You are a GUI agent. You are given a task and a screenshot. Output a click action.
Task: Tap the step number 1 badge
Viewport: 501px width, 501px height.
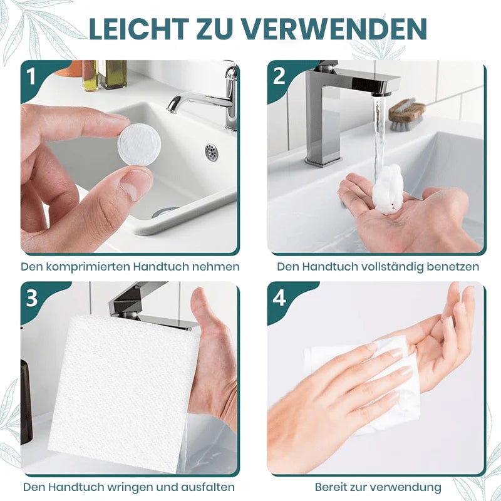(31, 76)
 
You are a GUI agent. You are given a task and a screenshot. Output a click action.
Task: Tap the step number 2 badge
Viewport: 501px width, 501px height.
(279, 76)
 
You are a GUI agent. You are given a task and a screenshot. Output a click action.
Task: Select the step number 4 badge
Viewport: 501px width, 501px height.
(279, 298)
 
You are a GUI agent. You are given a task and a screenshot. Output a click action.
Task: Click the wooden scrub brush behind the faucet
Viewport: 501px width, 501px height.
(406, 112)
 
